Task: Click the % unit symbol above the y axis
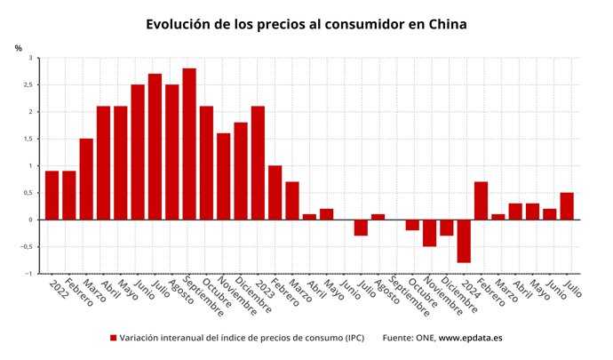coord(18,47)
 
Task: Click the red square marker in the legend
coord(114,338)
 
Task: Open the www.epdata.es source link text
coord(471,338)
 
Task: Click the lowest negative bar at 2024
coord(464,241)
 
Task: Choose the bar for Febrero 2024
coord(481,201)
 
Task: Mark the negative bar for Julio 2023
coord(361,228)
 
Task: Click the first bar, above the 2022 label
coord(52,196)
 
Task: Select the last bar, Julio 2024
coord(567,206)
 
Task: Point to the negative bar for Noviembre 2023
coord(429,233)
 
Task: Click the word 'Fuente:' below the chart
coord(399,338)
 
